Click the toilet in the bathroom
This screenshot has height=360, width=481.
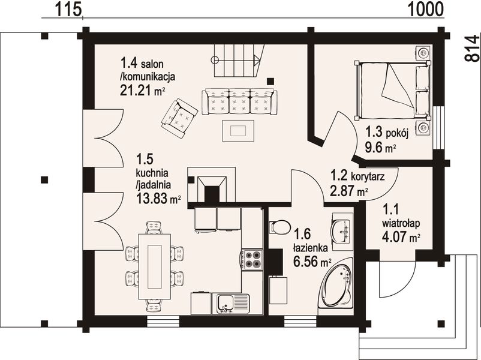click(x=279, y=227)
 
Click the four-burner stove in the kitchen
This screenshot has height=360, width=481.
click(x=252, y=260)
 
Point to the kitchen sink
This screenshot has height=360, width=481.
click(x=233, y=304)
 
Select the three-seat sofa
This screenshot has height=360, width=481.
click(x=239, y=101)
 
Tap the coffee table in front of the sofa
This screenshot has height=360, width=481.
click(x=238, y=131)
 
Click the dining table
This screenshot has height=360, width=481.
click(x=155, y=266)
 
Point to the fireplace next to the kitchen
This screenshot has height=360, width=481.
click(x=211, y=185)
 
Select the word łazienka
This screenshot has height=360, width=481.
click(x=311, y=247)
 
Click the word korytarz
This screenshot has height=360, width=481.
click(x=367, y=177)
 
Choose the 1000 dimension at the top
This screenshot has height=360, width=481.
click(x=426, y=9)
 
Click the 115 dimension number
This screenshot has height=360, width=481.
click(x=68, y=9)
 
